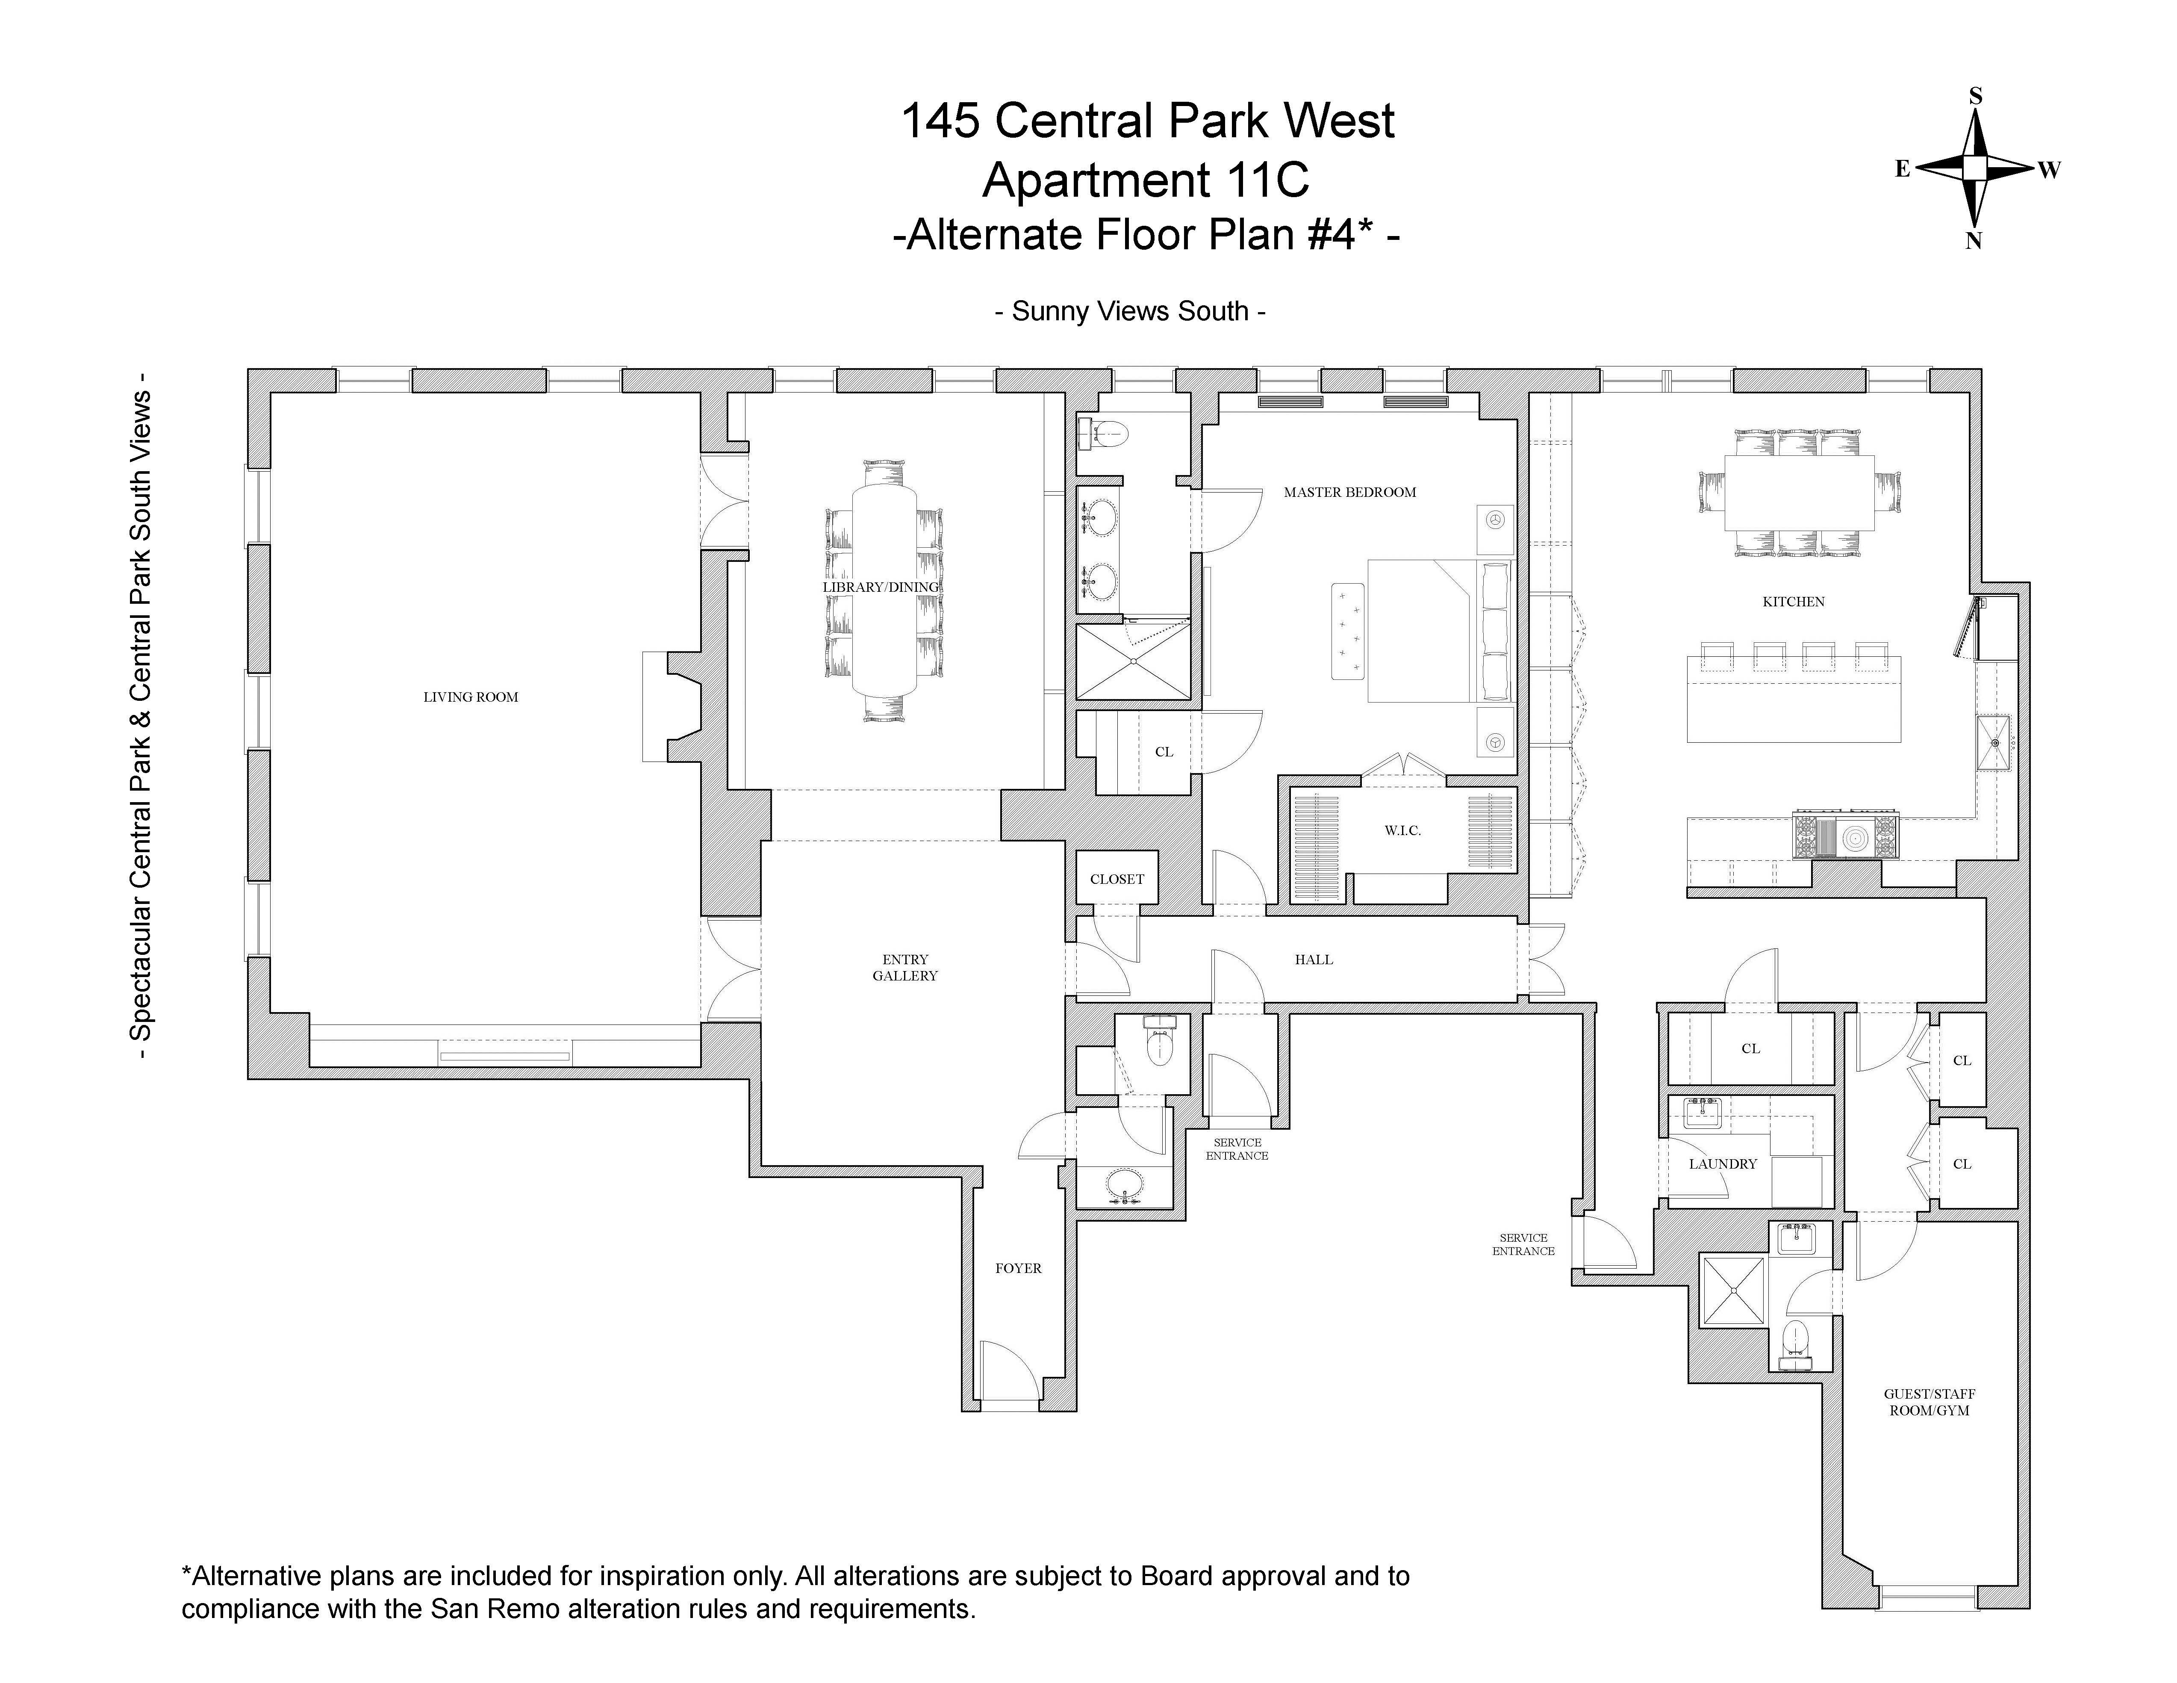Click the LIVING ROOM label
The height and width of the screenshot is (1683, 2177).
471,697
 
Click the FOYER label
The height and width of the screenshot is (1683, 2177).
1018,1268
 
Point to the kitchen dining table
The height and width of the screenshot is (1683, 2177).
1799,493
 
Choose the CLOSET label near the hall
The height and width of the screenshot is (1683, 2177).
1116,878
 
